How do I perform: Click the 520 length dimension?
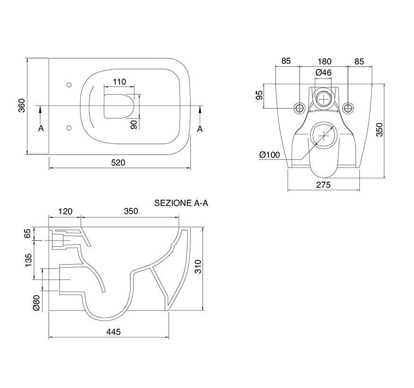(x=118, y=163)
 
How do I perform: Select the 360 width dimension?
(x=22, y=105)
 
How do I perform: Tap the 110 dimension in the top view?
(x=120, y=82)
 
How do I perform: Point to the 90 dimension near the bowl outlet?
(x=134, y=124)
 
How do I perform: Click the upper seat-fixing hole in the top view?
(x=69, y=85)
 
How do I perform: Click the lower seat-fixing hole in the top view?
(x=69, y=128)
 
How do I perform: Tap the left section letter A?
(x=41, y=128)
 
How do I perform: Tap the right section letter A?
(x=200, y=129)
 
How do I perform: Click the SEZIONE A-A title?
(x=181, y=203)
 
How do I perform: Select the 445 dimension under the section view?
(x=113, y=332)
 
